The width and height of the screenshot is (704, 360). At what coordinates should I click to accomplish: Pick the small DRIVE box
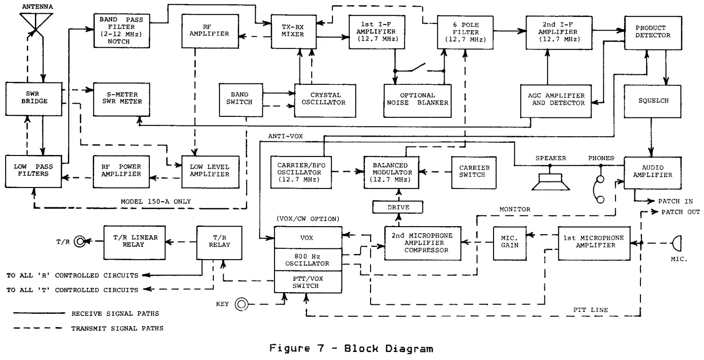[398, 207]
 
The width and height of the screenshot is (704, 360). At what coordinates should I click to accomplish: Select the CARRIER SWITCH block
[474, 171]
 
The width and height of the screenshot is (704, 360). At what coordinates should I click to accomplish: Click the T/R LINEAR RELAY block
[130, 242]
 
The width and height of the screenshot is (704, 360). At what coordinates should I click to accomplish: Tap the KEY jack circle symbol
[242, 304]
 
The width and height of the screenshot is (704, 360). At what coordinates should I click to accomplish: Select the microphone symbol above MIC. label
[677, 243]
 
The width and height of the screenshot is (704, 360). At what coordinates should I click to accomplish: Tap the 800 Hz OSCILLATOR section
[308, 259]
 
